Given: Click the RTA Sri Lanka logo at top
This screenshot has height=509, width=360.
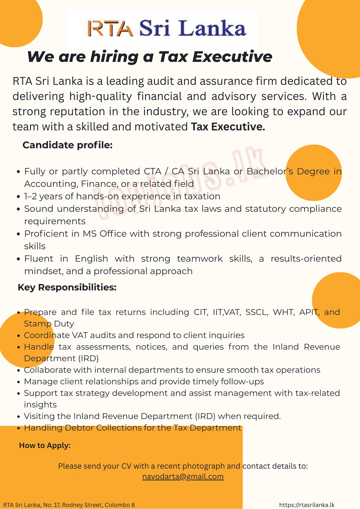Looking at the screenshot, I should pos(167,28).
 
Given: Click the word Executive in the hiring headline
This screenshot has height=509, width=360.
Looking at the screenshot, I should pos(232,57).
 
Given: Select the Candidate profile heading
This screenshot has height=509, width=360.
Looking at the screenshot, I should pos(68,145).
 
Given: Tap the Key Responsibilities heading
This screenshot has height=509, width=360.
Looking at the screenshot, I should pos(67,287).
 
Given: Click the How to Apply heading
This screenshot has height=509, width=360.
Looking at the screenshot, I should pos(45,445).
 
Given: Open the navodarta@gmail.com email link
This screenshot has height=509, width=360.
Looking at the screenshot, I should pos(183,477).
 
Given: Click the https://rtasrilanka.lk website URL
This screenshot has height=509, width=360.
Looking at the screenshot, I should pos(307,505).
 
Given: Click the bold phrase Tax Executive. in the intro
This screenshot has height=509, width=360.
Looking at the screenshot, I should pos(228,127).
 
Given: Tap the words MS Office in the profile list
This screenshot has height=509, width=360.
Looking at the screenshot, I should pos(104,234).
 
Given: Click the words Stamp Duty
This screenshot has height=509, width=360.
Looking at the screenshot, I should pos(49,324).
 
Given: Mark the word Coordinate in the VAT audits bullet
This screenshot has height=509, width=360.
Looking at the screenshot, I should pos(47,335).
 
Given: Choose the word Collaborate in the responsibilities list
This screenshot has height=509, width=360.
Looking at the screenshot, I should pos(48,370).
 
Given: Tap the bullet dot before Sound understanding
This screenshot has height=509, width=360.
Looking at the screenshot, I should pos(19,209).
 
